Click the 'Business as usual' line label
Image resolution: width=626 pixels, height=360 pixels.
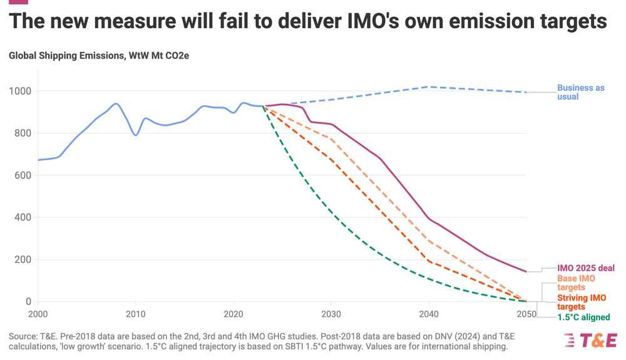(x=580, y=92)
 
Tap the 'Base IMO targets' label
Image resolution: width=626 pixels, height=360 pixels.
(x=576, y=282)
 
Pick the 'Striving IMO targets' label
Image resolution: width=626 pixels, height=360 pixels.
(x=580, y=302)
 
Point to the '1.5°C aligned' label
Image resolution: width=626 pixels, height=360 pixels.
(x=583, y=317)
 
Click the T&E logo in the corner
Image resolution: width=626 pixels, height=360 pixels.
(x=590, y=340)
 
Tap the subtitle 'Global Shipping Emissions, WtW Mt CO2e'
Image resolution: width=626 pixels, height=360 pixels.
(x=99, y=56)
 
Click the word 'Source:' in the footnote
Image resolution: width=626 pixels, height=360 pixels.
(x=23, y=337)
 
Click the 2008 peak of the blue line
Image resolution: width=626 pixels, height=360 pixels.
(x=116, y=103)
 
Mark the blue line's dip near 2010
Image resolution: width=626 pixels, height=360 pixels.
(x=135, y=135)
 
